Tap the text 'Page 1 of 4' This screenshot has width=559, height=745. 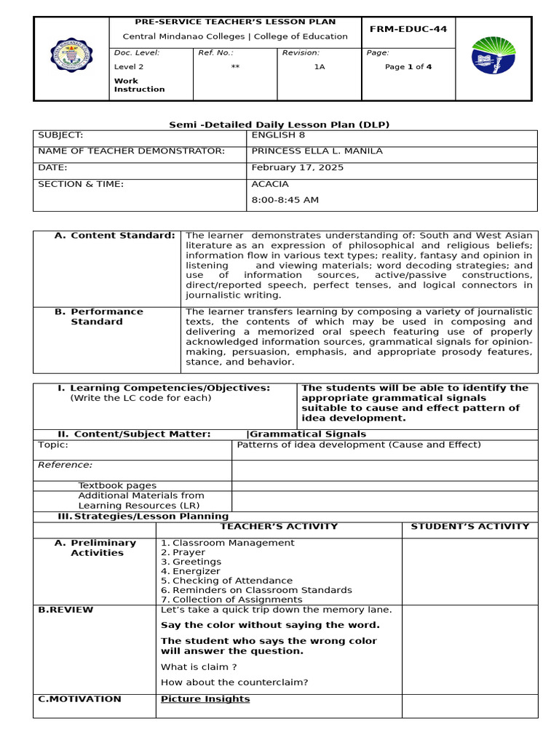[408, 67]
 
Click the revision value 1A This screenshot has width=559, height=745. [320, 67]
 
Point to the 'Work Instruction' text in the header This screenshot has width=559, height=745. [139, 85]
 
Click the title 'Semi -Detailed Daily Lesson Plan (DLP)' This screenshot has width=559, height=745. [279, 124]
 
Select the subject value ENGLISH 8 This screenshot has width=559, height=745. [273, 135]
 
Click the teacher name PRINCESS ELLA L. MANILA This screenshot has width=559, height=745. [316, 151]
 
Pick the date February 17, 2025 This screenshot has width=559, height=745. [297, 167]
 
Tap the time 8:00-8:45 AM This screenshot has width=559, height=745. [285, 200]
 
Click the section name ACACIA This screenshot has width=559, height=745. [269, 184]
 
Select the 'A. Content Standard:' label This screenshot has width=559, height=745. [115, 236]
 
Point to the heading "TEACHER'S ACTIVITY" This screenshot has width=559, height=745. [279, 526]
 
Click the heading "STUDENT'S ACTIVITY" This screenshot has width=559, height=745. [470, 526]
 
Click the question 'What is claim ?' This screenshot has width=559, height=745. [199, 666]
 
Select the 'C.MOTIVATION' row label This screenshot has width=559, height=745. [79, 699]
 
